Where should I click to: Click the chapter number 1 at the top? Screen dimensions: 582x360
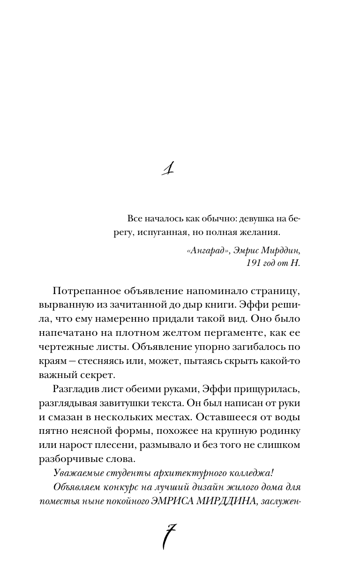166,168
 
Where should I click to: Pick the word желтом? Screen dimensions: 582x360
189,334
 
